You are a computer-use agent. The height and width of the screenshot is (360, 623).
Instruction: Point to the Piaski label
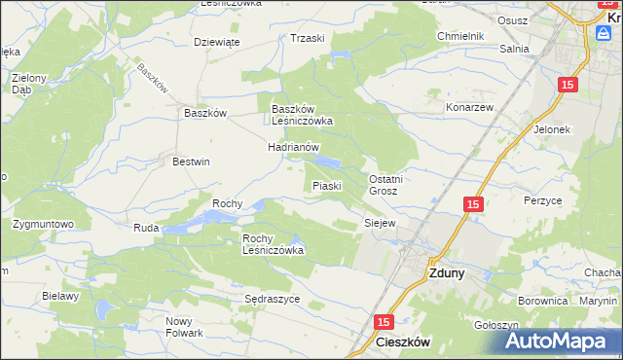click(325, 186)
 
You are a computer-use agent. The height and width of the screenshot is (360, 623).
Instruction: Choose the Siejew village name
click(379, 223)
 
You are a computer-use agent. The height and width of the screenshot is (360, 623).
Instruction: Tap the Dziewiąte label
click(216, 42)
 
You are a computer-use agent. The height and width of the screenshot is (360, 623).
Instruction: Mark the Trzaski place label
click(308, 38)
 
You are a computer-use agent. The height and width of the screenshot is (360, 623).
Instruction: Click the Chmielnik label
click(460, 36)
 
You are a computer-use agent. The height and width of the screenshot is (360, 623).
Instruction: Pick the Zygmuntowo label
click(44, 224)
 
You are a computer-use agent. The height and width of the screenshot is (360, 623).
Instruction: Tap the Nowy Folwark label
click(183, 327)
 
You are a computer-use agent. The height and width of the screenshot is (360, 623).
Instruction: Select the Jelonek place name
click(551, 128)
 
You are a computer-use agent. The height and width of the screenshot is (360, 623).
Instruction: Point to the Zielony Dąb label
click(28, 82)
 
